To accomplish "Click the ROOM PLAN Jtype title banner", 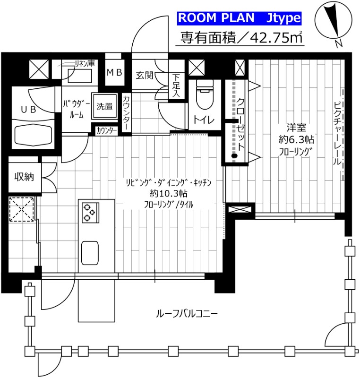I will coord(239,18).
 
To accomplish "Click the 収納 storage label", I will coord(24,177).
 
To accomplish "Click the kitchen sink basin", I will coord(90,253).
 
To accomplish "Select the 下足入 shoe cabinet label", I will coord(176,85).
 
